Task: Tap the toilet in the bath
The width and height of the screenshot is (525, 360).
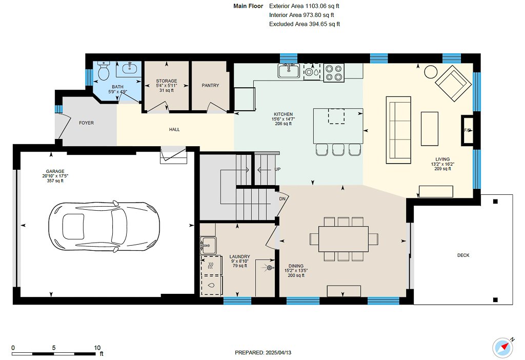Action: pos(104,72)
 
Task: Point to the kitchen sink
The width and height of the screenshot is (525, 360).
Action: pos(289,71)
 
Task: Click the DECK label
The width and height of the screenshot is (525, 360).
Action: pos(463,255)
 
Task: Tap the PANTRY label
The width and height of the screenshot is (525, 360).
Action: pos(210,86)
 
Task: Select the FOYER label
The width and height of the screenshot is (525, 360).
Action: pos(86,123)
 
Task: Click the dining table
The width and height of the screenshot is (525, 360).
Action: pos(344,238)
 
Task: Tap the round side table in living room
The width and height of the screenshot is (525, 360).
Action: pos(430,71)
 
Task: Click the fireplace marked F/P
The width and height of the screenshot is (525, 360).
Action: pos(468,131)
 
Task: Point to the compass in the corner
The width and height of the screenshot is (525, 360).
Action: pos(503,347)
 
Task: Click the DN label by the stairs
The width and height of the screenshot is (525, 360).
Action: pos(281,198)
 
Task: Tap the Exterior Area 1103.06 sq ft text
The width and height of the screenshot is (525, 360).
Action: pos(304,6)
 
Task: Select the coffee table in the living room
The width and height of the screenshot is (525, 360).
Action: pos(429,129)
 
